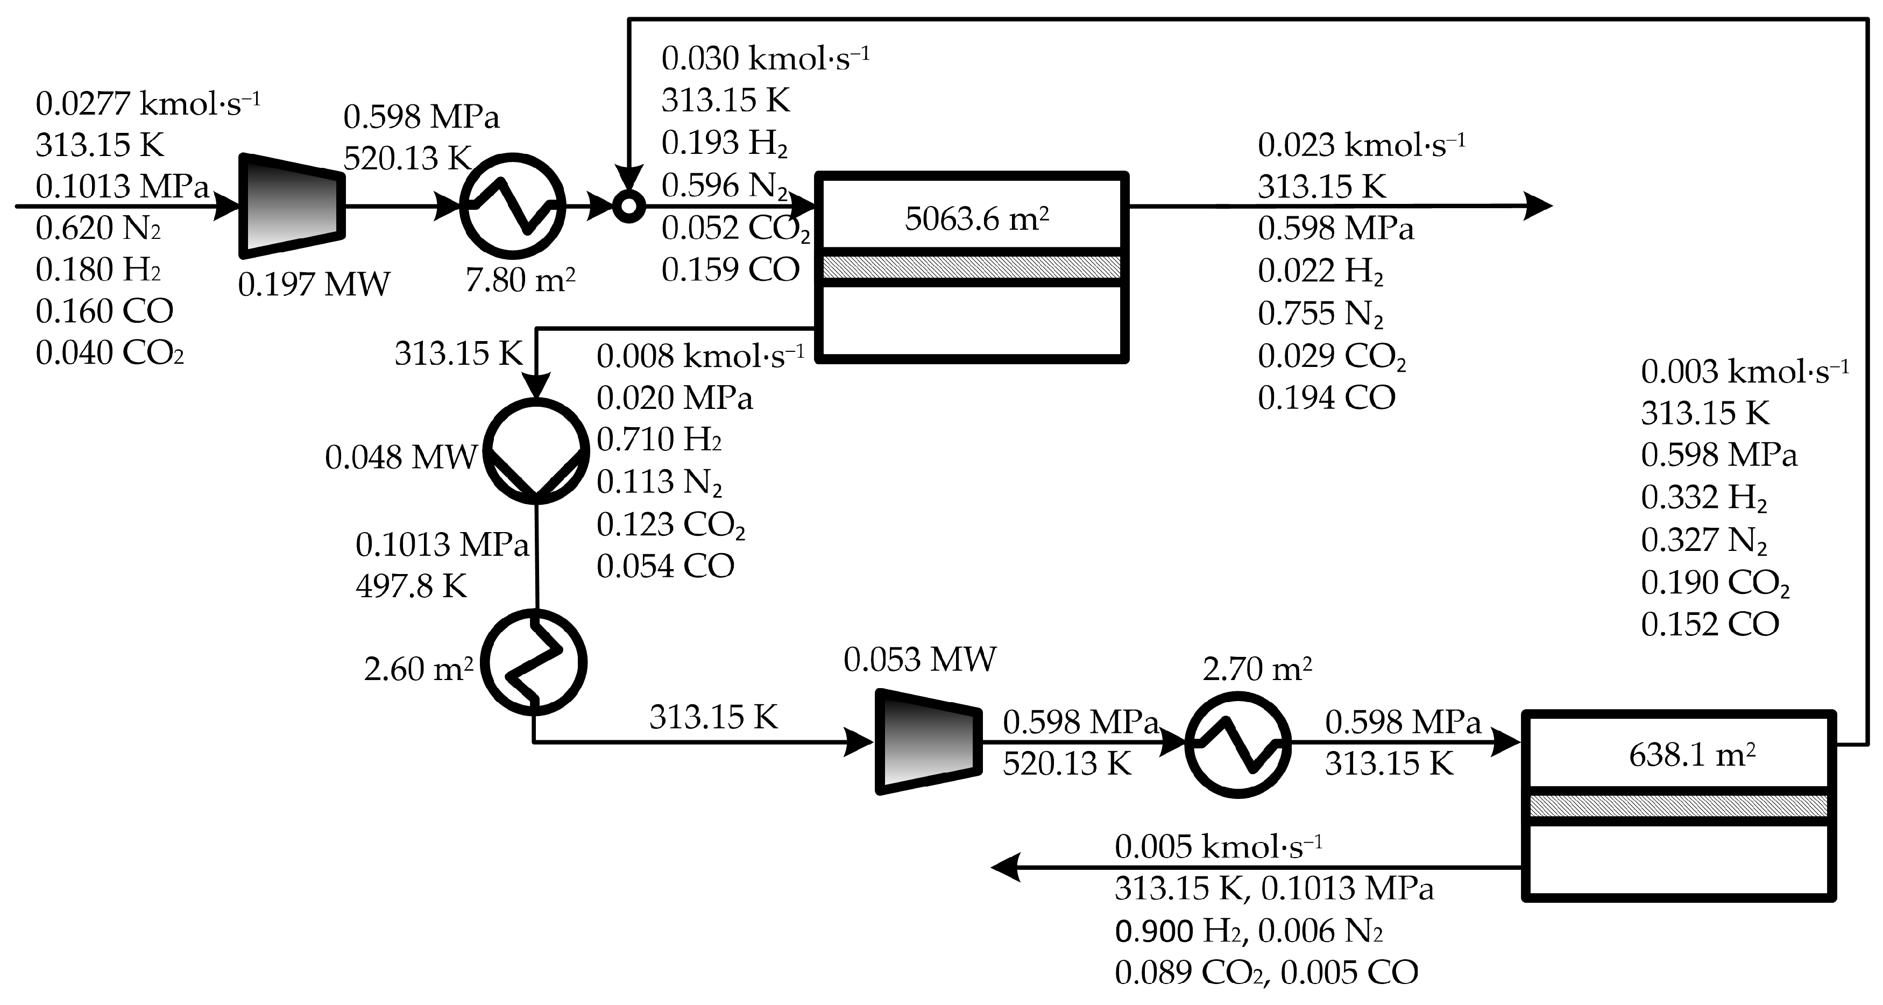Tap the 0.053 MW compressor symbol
click(x=929, y=741)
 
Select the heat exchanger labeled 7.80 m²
click(x=512, y=206)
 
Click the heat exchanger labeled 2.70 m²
click(x=1237, y=744)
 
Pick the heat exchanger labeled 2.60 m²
click(x=536, y=662)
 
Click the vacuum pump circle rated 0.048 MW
click(x=536, y=451)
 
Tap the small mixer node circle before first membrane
click(x=627, y=206)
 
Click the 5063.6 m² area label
click(x=976, y=218)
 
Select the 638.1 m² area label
click(x=1691, y=755)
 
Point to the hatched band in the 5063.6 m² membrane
click(x=972, y=267)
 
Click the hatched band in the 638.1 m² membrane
click(x=1679, y=805)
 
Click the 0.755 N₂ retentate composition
click(x=1320, y=314)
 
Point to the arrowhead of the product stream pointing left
click(x=1004, y=868)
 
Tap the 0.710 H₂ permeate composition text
click(x=660, y=439)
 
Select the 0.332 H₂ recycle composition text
click(x=1703, y=498)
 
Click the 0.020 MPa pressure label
click(x=674, y=398)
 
